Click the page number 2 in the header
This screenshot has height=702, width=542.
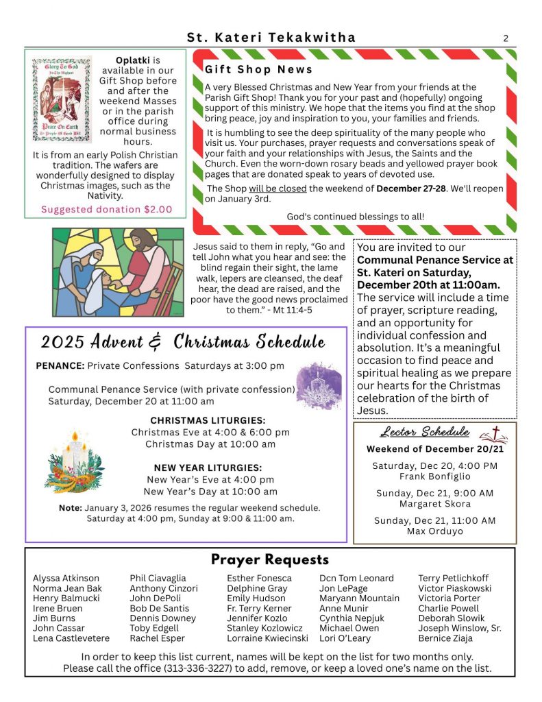coord(506,38)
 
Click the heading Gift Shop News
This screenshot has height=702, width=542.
coord(259,69)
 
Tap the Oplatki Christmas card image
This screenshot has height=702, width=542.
coord(62,99)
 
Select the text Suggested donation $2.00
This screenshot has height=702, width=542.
coord(107,209)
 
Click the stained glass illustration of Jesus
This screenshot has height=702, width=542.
coord(118,272)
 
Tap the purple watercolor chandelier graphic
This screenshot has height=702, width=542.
coord(319,385)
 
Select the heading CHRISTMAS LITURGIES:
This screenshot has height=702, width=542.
coord(208,421)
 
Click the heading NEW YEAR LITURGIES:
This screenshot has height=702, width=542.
coord(208,468)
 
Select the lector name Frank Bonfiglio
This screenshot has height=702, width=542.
coord(435,476)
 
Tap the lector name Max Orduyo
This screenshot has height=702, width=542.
coord(435,531)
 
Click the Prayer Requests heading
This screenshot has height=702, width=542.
coord(270,559)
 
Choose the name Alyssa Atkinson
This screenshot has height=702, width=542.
coord(66,579)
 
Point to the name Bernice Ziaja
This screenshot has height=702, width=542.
coord(445,638)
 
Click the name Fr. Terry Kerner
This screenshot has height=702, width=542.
coord(259,608)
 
